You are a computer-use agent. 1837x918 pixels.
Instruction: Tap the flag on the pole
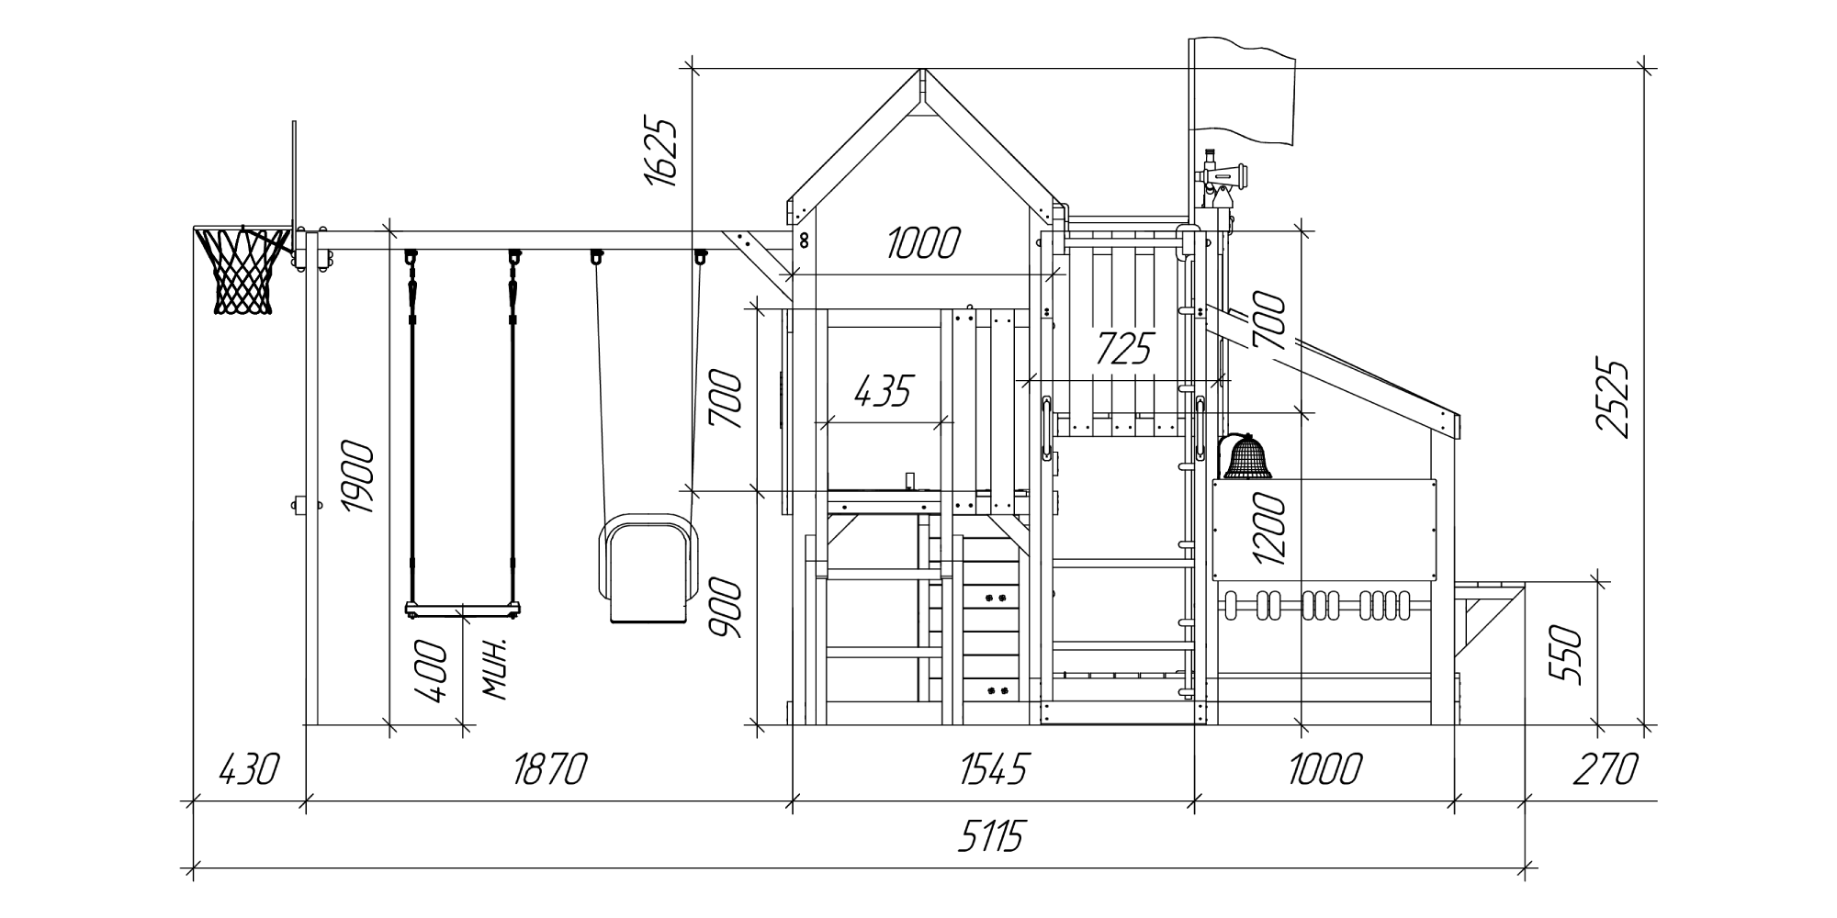click(x=1242, y=92)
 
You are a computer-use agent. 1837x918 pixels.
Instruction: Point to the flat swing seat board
click(x=465, y=608)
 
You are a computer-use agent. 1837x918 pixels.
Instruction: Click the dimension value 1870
click(x=549, y=769)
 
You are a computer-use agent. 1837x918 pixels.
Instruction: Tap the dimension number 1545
click(x=994, y=769)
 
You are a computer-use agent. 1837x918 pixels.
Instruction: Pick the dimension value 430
click(x=248, y=769)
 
